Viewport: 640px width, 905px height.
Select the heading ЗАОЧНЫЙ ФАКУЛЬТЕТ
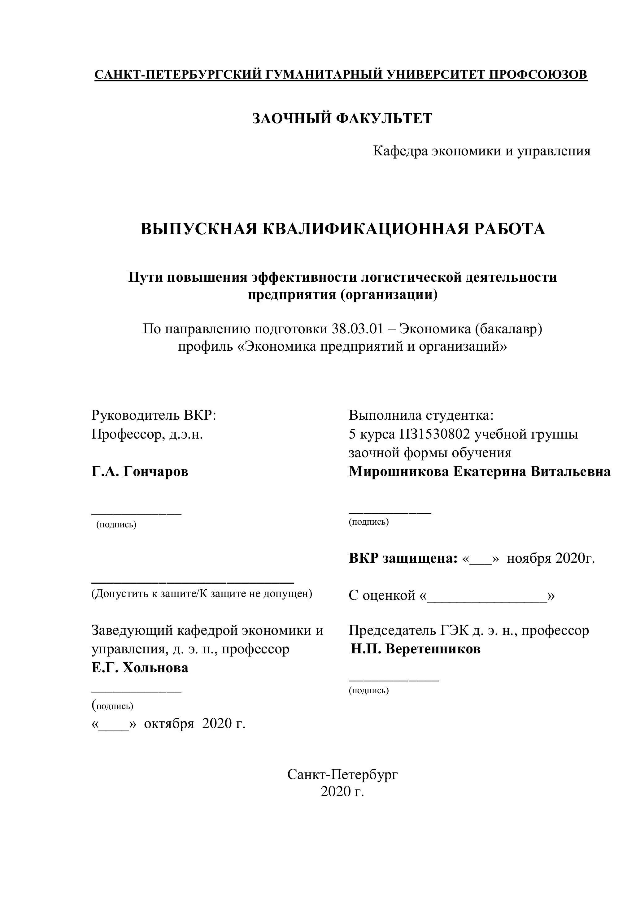coord(342,118)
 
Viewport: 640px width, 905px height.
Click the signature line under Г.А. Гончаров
coord(137,513)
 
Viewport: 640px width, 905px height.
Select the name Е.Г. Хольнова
coord(140,668)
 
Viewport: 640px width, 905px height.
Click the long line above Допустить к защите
coord(193,582)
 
